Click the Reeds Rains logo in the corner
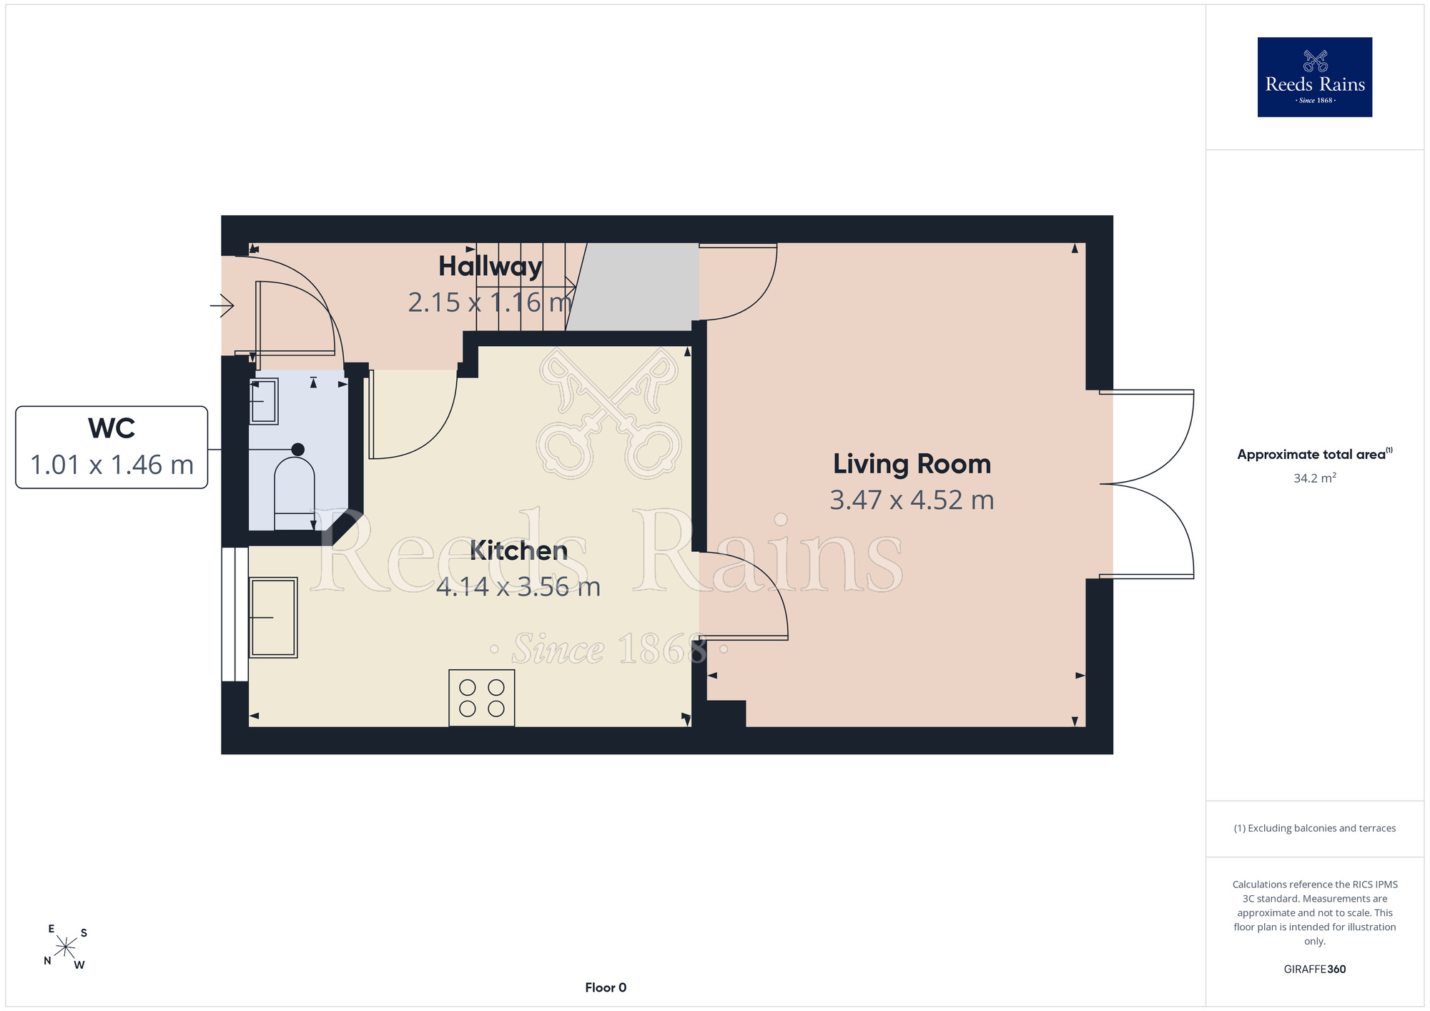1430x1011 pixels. (x=1314, y=77)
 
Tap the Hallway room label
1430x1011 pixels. (x=490, y=267)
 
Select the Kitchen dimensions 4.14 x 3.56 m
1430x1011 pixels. (x=518, y=587)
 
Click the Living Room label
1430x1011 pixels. (x=912, y=464)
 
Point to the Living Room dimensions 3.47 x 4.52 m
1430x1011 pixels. (x=912, y=500)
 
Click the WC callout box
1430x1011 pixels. (x=112, y=448)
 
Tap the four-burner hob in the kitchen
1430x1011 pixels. (x=482, y=698)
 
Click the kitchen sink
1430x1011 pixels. (x=273, y=618)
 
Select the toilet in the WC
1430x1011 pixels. (x=295, y=486)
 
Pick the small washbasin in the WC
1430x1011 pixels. (x=263, y=401)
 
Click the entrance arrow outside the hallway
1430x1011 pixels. (x=222, y=306)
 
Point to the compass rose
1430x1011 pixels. (x=65, y=947)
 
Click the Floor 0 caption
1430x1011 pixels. (x=606, y=987)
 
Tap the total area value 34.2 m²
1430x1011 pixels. (x=1315, y=478)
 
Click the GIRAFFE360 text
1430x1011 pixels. (x=1315, y=970)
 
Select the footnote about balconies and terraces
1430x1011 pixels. (x=1315, y=828)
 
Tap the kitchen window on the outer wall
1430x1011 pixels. (x=235, y=614)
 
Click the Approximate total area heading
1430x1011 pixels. (x=1315, y=454)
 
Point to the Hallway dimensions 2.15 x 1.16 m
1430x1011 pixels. (x=490, y=302)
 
